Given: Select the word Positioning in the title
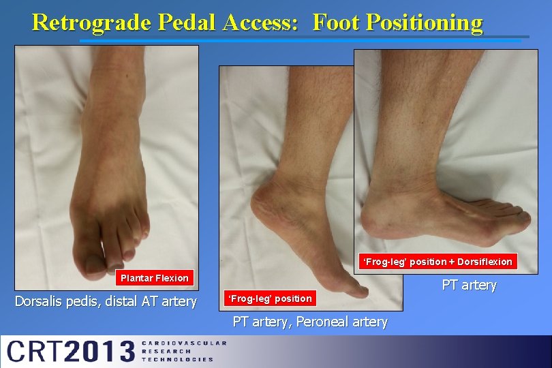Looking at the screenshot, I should click(x=424, y=22).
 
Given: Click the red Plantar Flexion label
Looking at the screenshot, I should click(x=155, y=278).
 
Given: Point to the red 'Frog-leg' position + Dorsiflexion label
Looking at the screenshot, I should click(x=438, y=262).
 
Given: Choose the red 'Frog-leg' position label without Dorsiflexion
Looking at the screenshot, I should click(x=271, y=298).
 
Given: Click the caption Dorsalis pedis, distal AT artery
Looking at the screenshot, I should click(x=106, y=301).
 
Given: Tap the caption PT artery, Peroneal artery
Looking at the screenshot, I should click(x=310, y=322).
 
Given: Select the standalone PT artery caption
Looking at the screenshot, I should click(x=470, y=285).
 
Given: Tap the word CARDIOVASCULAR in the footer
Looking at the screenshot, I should click(x=183, y=343).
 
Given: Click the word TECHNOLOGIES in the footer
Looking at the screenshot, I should click(x=177, y=359).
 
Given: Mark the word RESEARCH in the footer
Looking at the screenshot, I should click(x=166, y=351).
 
